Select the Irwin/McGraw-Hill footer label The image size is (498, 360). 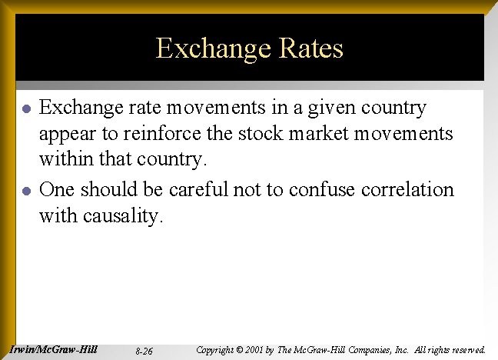54,348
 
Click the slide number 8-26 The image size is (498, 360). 143,351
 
